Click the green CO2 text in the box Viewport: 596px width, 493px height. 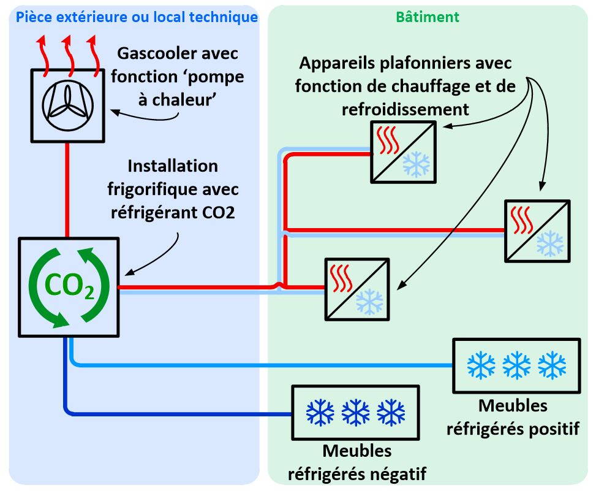[68, 286]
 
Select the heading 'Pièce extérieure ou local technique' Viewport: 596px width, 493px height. [137, 17]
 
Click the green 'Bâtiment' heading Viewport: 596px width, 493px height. [427, 17]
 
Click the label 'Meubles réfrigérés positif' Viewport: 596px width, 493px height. [513, 417]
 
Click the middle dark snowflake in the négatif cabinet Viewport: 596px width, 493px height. [356, 413]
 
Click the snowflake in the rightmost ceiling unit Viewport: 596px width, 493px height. [549, 243]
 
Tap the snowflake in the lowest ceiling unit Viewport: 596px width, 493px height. [369, 301]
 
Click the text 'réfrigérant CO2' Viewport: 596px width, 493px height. [173, 213]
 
